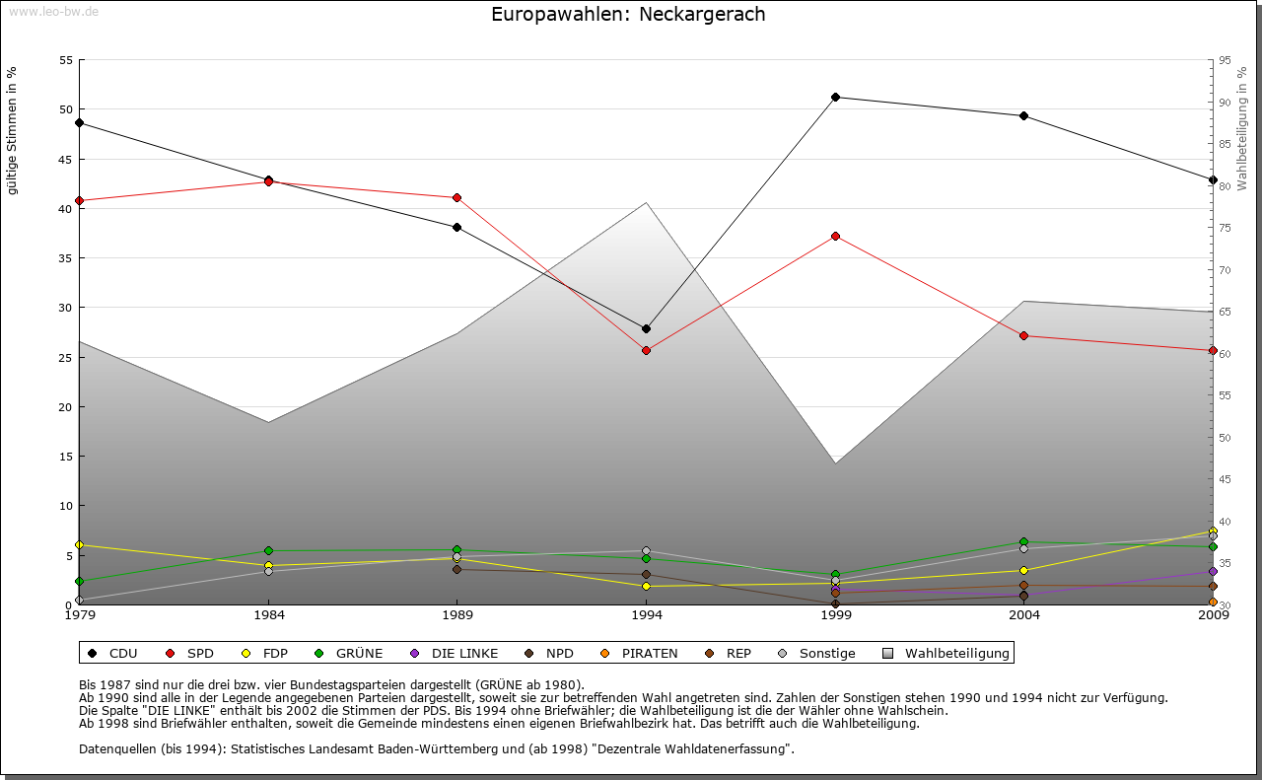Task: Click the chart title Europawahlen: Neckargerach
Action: (628, 15)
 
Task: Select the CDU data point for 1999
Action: (835, 97)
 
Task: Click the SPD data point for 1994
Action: (646, 350)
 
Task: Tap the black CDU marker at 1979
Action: (79, 123)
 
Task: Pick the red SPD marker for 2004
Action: (1024, 335)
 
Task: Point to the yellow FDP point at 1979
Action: (79, 544)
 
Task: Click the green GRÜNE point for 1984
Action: (268, 550)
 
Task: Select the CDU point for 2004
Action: (1024, 115)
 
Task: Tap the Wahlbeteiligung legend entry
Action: (946, 653)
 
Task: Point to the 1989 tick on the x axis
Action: (457, 616)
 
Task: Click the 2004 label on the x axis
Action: (1024, 616)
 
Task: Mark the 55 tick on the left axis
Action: (66, 60)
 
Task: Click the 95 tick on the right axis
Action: (1225, 60)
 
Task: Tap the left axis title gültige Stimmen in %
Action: (13, 130)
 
